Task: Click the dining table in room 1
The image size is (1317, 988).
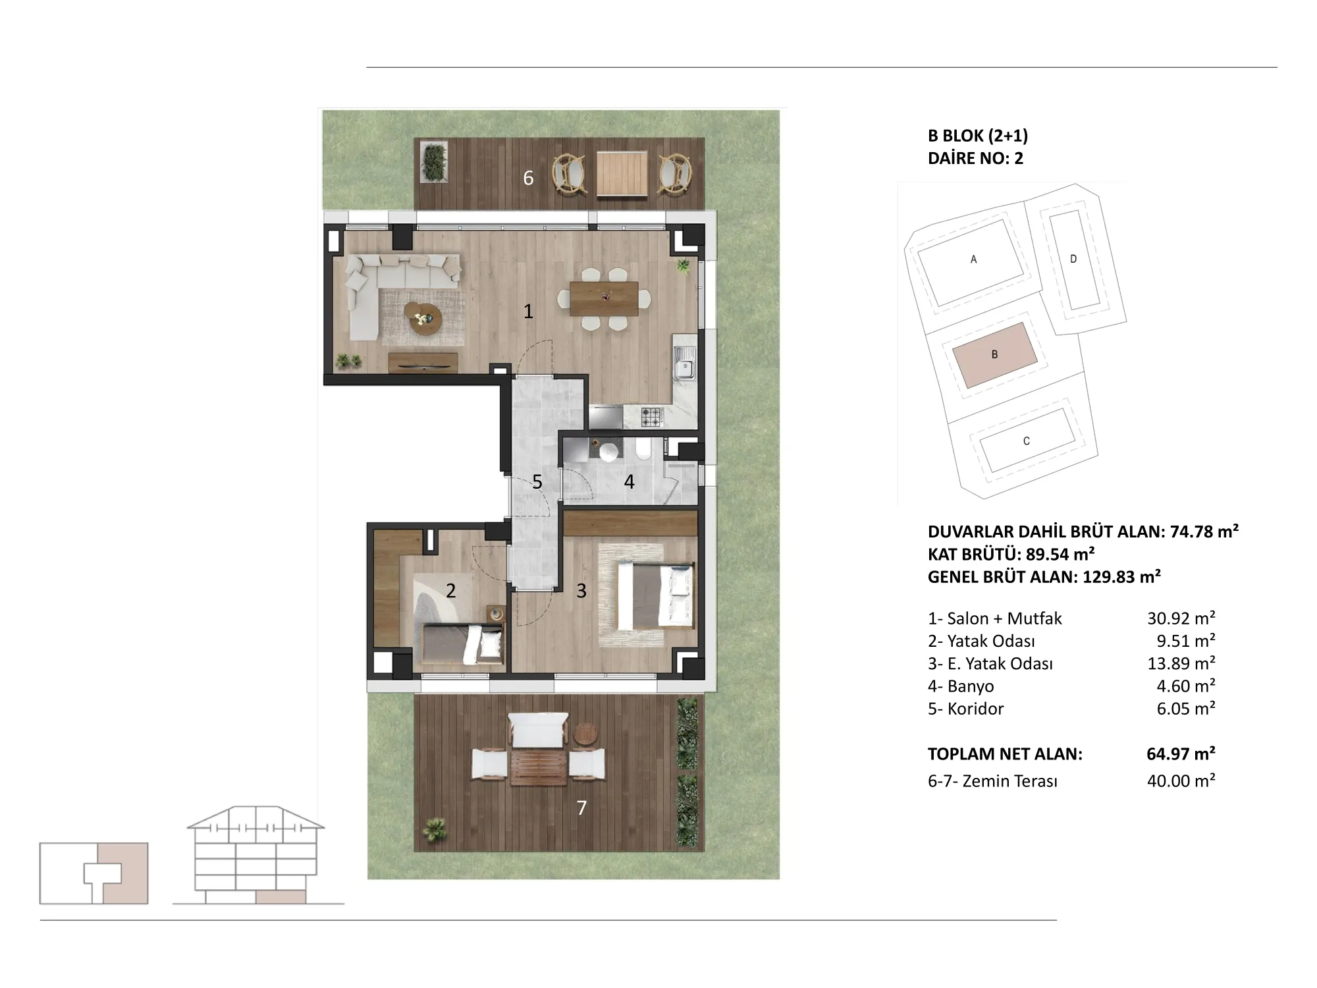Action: [x=604, y=299]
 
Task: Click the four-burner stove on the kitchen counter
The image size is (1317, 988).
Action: [x=653, y=416]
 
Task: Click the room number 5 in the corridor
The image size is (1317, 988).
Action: [x=537, y=482]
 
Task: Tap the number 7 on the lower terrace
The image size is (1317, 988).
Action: [x=581, y=808]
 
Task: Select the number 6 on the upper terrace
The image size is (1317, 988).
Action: [x=528, y=178]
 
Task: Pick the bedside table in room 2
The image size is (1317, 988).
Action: [x=495, y=614]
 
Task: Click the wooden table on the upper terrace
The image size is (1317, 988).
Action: [x=622, y=174]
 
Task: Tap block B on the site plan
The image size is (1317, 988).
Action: [x=995, y=355]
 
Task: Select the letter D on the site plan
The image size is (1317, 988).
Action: [x=1073, y=260]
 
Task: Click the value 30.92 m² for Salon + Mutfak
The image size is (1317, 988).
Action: [x=1181, y=618]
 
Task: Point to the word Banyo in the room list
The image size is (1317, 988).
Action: [x=971, y=686]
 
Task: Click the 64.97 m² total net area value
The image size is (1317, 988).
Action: [x=1181, y=754]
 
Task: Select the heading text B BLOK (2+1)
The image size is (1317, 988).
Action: [x=978, y=136]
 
